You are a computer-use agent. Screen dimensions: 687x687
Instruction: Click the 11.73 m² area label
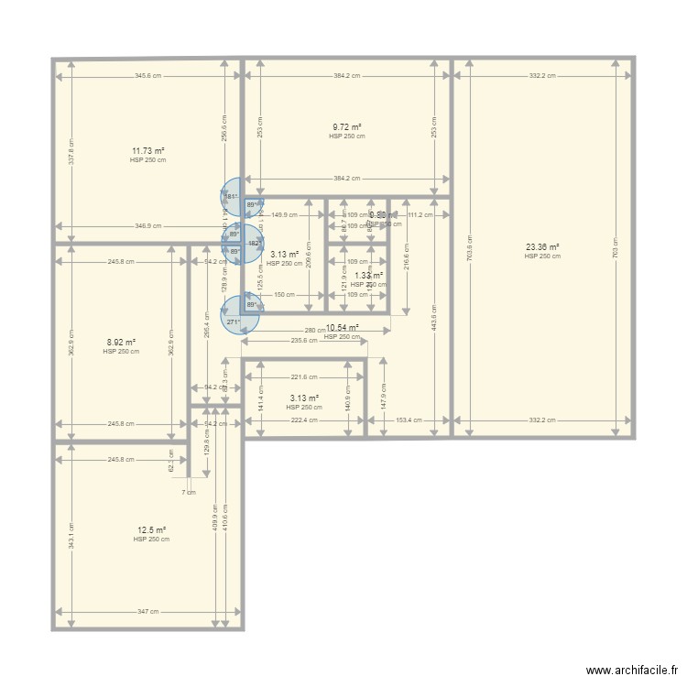(147, 150)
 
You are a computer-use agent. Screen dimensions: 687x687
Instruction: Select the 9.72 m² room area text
(346, 127)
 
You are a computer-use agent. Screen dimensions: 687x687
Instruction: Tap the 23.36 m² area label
(542, 247)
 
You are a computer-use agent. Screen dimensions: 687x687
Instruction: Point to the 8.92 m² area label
(121, 343)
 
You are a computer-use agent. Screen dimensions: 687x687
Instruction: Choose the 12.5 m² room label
(151, 530)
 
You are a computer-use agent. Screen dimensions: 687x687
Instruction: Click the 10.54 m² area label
(342, 327)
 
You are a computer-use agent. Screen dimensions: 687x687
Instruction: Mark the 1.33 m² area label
(368, 276)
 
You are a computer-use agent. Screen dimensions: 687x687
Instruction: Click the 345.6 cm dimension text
(147, 76)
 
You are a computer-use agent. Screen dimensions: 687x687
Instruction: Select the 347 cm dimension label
(147, 612)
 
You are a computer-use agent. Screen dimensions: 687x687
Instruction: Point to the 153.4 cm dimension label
(408, 420)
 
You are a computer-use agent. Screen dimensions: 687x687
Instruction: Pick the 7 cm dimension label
(188, 492)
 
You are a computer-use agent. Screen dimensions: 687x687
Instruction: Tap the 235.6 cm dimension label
(304, 341)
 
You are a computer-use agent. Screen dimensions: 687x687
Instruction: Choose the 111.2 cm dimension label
(420, 215)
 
